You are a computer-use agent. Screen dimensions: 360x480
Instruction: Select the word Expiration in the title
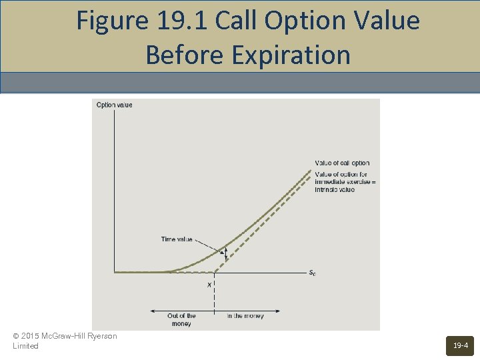tap(291, 55)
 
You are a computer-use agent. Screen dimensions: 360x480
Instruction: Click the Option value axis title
tap(115, 105)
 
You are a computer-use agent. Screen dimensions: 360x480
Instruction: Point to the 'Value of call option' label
tap(342, 163)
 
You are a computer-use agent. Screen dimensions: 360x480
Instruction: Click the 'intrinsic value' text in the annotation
tap(335, 190)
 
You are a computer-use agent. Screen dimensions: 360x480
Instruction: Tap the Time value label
tap(177, 239)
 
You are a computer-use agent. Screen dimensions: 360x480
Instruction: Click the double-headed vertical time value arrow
tap(225, 253)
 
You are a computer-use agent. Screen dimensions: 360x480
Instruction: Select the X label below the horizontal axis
tap(209, 285)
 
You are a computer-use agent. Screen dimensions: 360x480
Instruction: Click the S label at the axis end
tap(312, 273)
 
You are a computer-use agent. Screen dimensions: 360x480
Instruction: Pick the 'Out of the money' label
tap(181, 320)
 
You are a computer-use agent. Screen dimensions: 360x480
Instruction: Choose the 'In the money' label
tap(245, 316)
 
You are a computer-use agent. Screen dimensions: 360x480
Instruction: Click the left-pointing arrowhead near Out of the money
tap(152, 310)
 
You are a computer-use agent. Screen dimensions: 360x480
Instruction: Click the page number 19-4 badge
tap(460, 345)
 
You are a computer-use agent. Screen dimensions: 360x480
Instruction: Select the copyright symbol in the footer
tap(16, 336)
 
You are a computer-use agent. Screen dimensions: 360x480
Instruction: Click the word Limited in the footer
tap(26, 346)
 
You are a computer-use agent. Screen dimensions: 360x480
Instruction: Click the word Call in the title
tap(238, 21)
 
